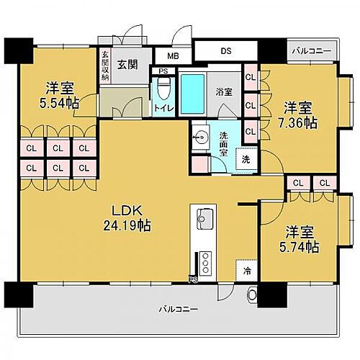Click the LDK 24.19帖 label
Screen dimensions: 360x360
point(130,218)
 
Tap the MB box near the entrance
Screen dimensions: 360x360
point(173,55)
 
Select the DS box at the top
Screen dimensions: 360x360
point(225,52)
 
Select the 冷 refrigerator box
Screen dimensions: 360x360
point(247,272)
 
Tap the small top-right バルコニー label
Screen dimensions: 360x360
point(311,52)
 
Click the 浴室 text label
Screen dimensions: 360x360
point(224,92)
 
